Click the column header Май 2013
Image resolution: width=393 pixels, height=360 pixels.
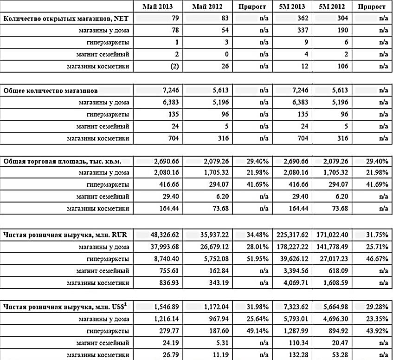[158, 7]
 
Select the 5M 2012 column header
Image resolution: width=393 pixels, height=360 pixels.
[332, 7]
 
